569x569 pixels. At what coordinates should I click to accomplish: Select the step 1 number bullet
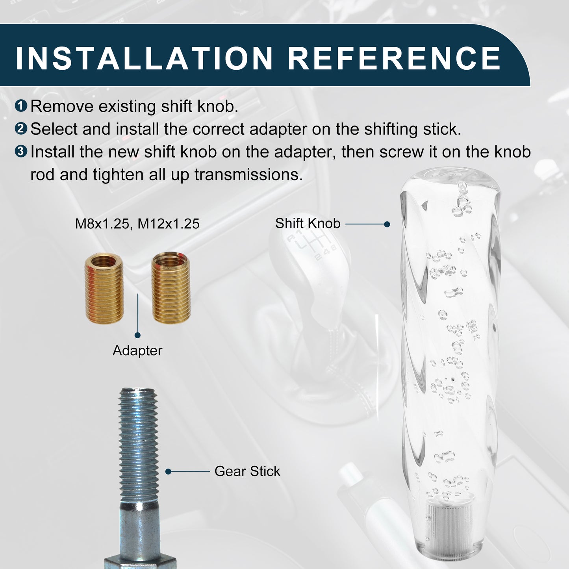pos(21,106)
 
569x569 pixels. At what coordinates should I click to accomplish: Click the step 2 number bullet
pos(21,128)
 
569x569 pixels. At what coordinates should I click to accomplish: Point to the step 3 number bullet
pos(21,151)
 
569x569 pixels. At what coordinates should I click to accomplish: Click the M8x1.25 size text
pos(102,224)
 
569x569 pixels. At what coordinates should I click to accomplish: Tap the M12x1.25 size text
pos(169,224)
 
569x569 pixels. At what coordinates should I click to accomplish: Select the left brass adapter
pos(104,289)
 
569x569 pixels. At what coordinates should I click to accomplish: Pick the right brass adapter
pos(171,287)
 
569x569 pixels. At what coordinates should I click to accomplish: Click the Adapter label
pos(137,351)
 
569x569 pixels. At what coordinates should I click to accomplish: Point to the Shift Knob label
pos(308,223)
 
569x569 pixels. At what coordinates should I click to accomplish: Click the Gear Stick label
pos(247,471)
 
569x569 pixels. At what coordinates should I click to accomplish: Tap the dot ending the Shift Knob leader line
pos(387,224)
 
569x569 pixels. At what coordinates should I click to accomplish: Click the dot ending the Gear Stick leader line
pos(168,472)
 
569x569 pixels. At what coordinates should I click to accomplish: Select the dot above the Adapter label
pos(137,335)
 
